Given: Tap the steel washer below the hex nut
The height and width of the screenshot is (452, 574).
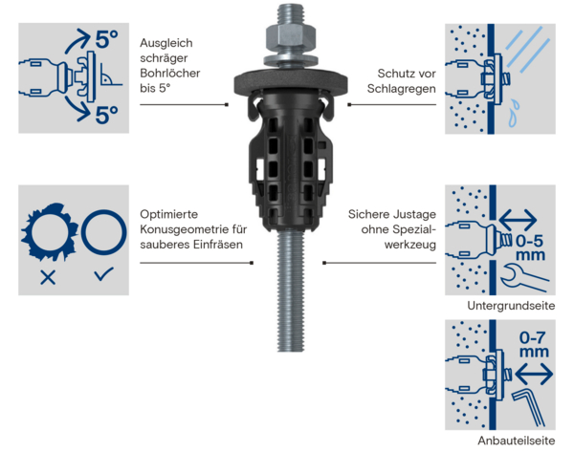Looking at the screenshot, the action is point(290,61).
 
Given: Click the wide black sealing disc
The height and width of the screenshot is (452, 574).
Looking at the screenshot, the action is point(291,82).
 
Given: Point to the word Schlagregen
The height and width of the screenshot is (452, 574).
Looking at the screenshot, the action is point(402,89).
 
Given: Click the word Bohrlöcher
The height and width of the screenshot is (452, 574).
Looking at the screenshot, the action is point(170,74).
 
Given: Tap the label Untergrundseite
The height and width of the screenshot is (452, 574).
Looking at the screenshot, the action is point(511,306).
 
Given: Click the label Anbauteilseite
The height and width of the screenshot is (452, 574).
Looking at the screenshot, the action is point(517,441).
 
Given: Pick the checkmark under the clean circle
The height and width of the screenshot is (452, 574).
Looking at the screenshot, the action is point(104,274).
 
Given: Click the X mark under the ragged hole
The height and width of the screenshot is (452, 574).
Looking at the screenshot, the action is point(48,277).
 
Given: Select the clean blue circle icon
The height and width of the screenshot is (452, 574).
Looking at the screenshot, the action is point(104,232).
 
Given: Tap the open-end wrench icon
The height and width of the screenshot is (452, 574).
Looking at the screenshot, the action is point(523,279).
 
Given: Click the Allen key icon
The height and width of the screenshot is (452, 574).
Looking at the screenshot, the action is point(527,407).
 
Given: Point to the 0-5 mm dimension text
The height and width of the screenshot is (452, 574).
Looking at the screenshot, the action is point(530,248).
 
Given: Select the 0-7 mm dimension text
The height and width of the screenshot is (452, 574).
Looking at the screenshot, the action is point(534,344).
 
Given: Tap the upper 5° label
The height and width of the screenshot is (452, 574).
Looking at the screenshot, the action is point(106,39).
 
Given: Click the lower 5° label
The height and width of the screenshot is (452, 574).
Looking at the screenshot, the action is point(106,115).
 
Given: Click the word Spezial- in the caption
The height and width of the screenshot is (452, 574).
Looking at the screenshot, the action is point(414,229).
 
